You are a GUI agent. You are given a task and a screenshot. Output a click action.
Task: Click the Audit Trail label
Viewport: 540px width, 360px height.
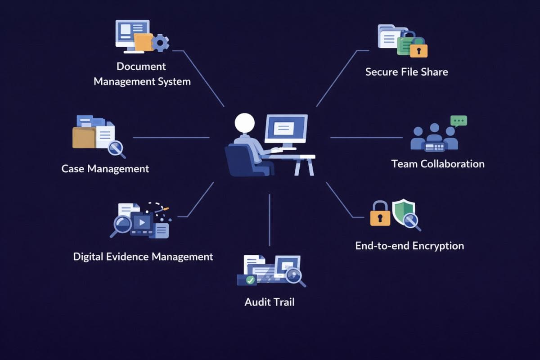coord(270,302)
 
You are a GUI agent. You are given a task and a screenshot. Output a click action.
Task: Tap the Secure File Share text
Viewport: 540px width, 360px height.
coord(406,72)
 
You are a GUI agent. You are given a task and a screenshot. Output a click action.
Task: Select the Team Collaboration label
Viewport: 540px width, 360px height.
coord(438,164)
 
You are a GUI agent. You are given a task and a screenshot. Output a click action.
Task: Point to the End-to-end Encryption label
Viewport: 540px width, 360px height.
coord(409,246)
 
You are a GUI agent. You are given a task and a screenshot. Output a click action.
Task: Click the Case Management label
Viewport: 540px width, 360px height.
coord(105,169)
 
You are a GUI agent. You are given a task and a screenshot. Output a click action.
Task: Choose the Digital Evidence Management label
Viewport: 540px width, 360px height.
coord(143,256)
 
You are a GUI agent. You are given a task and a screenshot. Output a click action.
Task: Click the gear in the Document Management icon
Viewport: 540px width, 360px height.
coord(160,43)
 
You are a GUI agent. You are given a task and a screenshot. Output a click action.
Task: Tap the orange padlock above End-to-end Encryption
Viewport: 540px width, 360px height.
coord(380,214)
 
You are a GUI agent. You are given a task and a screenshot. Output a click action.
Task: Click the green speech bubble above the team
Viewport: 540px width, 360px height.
coord(459,121)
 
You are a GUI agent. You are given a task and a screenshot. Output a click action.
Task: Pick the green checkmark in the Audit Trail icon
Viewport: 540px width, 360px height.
coord(250,280)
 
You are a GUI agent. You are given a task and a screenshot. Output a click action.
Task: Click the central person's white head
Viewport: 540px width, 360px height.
coord(244,123)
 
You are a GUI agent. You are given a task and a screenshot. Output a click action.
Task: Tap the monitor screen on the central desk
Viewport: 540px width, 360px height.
coord(285,128)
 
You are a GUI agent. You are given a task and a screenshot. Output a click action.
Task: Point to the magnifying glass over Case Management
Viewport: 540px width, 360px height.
coord(116,148)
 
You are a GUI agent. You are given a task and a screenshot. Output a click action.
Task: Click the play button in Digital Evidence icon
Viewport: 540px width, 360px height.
coord(143,221)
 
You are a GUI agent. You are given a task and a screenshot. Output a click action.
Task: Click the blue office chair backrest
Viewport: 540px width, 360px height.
coord(235,157)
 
